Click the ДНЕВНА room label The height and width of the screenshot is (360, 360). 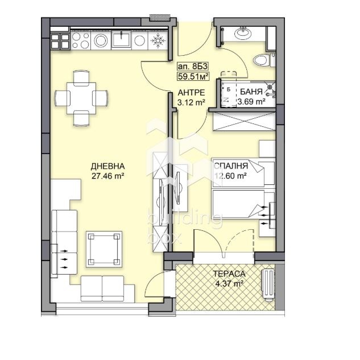pyautogui.click(x=107, y=166)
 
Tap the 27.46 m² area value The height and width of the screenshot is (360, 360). pyautogui.click(x=107, y=176)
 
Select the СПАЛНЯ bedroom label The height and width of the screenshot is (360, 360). pyautogui.click(x=230, y=166)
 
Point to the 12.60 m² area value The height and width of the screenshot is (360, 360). pyautogui.click(x=230, y=176)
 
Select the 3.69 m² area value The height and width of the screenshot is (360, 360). pyautogui.click(x=251, y=102)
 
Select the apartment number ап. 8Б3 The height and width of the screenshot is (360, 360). pyautogui.click(x=192, y=64)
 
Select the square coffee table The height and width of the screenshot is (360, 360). pyautogui.click(x=104, y=248)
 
